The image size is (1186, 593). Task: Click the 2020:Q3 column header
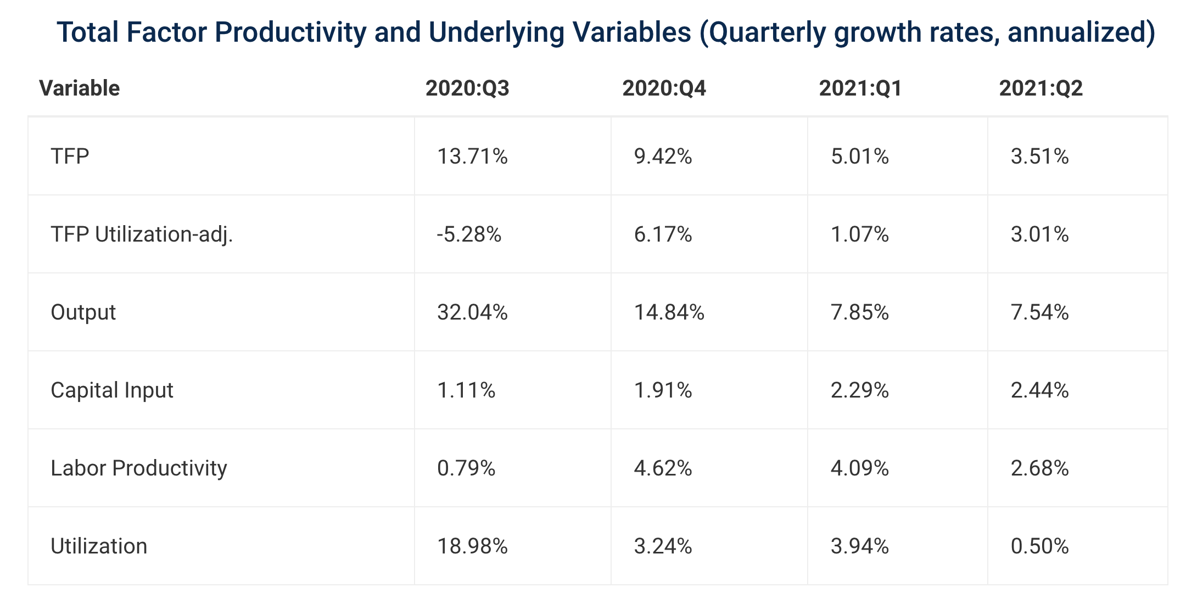pos(467,88)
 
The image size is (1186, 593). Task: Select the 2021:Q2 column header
pos(1040,88)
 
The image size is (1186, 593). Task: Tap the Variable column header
pos(80,88)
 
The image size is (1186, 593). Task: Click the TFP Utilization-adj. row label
pos(142,234)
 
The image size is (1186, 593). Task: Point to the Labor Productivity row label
pos(139,468)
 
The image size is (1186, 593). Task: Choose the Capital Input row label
pos(112,390)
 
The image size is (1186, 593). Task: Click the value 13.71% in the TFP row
pos(472,156)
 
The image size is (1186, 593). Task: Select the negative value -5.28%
pos(469,234)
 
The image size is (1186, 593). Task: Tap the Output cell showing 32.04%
pos(472,312)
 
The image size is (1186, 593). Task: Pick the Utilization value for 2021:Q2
pos(1039,546)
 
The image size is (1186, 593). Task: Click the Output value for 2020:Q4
pos(669,312)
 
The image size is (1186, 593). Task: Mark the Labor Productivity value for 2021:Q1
pos(859,468)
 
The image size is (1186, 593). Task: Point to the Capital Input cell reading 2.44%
pos(1039,390)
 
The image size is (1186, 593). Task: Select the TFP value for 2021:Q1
pos(859,156)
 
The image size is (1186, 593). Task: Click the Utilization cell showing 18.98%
pos(472,546)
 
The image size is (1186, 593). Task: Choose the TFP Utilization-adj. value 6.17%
pos(663,234)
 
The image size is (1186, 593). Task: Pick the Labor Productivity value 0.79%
pos(466,468)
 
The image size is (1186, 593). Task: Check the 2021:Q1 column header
pos(860,88)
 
